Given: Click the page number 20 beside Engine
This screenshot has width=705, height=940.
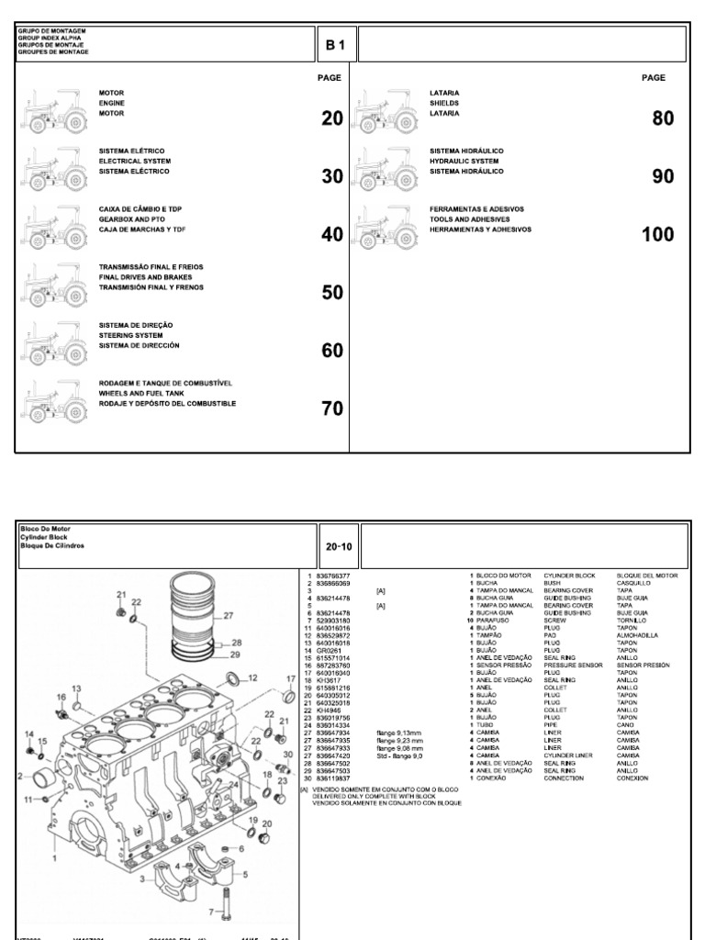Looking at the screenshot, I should point(330,118).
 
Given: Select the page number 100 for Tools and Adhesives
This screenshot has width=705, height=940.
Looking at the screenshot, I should point(657,234).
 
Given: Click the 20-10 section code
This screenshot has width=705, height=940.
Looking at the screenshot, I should point(338,545).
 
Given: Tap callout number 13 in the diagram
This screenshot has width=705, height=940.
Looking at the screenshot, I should point(76,688).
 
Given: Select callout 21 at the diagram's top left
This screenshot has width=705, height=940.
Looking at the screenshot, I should point(120,596).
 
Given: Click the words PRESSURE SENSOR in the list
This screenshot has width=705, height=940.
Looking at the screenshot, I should point(572,664).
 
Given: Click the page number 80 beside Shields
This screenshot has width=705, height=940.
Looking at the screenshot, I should point(663,118).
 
